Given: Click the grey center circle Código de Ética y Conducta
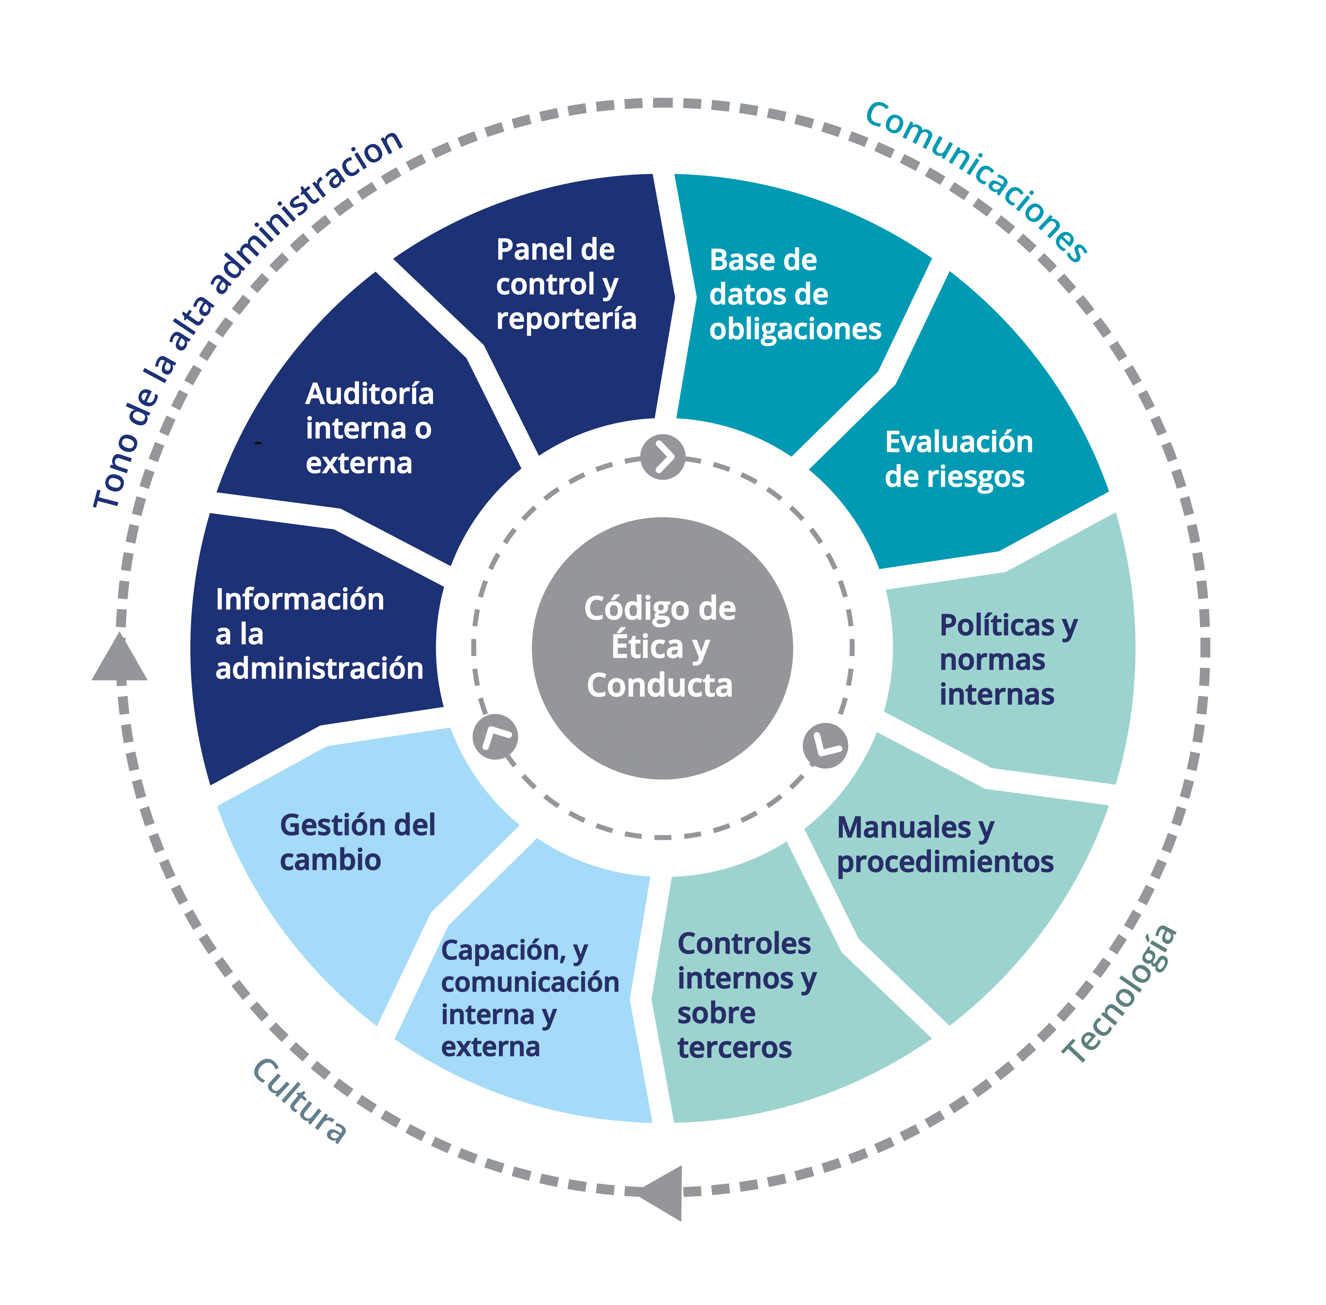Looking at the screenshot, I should tap(662, 648).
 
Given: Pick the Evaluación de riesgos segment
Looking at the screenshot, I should tap(959, 459).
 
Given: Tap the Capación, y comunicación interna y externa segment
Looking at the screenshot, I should tap(528, 1001).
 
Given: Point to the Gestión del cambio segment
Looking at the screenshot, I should tap(356, 864).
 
